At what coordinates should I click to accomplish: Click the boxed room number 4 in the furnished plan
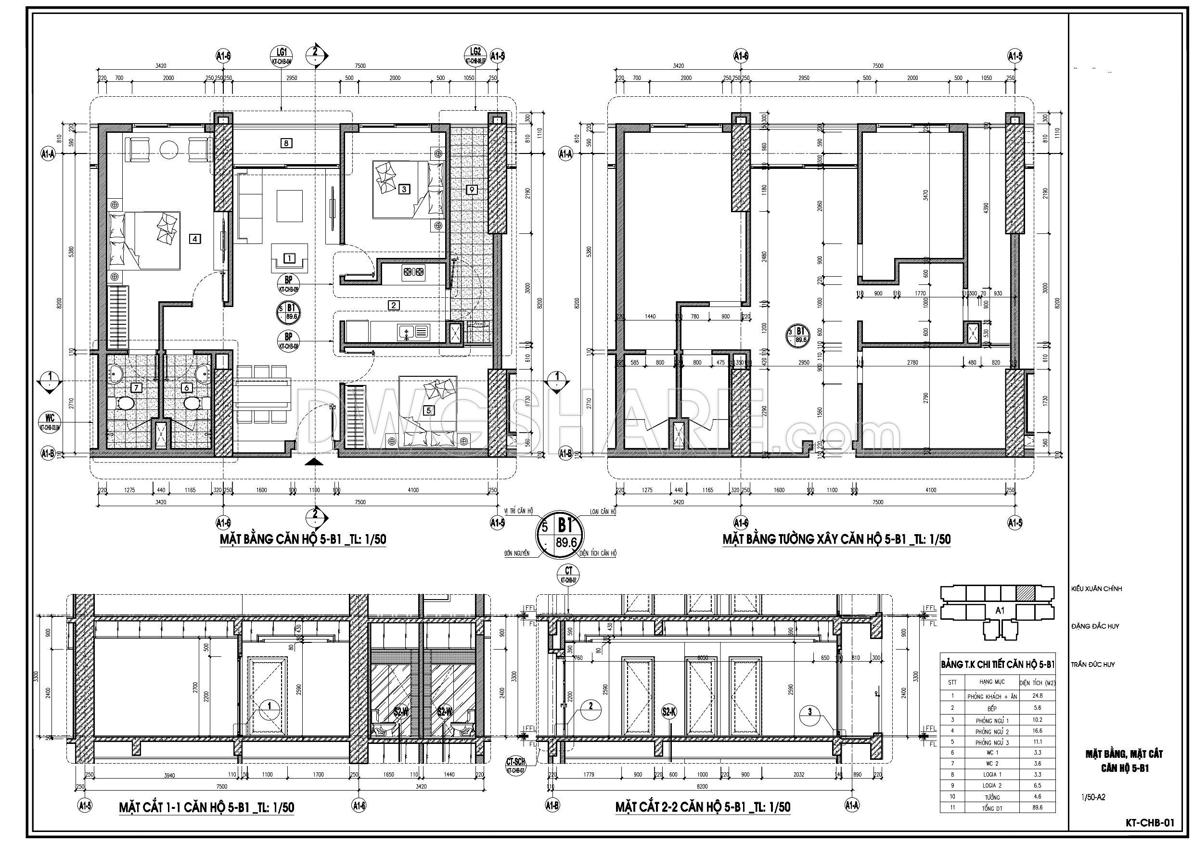click(194, 239)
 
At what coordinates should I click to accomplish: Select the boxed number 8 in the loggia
click(286, 143)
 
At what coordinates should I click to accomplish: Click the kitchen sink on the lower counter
click(413, 331)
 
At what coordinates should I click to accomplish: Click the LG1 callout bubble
click(282, 54)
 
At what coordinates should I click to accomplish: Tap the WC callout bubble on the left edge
click(51, 419)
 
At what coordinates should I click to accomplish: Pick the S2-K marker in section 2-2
click(669, 711)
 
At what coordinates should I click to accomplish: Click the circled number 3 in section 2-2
click(809, 712)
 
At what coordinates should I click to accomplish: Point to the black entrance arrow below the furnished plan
click(313, 462)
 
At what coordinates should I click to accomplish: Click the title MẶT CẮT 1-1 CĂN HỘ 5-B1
click(207, 807)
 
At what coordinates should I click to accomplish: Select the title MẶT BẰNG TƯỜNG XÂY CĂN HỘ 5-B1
click(836, 539)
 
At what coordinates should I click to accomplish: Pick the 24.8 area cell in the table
click(1038, 695)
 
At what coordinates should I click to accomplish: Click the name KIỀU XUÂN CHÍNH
click(1096, 588)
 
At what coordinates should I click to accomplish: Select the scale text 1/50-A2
click(1092, 797)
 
